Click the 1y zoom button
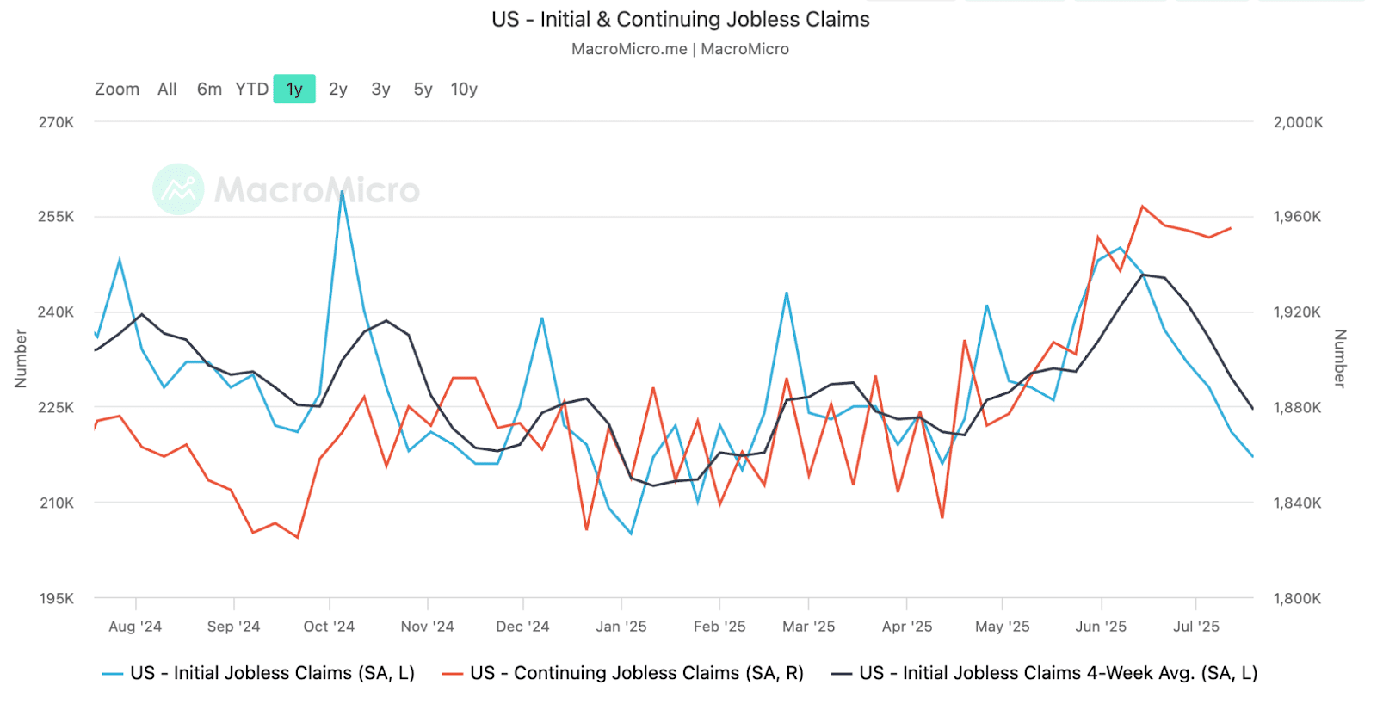point(294,90)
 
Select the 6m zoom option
point(209,90)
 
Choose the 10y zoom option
point(464,90)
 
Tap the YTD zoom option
point(252,90)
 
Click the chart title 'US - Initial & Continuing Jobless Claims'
point(680,20)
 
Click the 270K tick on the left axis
point(56,122)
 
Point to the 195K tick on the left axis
point(56,598)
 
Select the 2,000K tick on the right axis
point(1298,122)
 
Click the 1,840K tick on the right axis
point(1297,503)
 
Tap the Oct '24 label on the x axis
point(329,627)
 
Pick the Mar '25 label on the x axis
point(808,627)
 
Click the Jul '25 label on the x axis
point(1195,627)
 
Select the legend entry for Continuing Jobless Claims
point(636,673)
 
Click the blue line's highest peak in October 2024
point(342,192)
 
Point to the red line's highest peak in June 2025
point(1142,207)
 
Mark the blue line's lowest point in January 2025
point(631,534)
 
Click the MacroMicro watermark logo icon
point(178,189)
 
